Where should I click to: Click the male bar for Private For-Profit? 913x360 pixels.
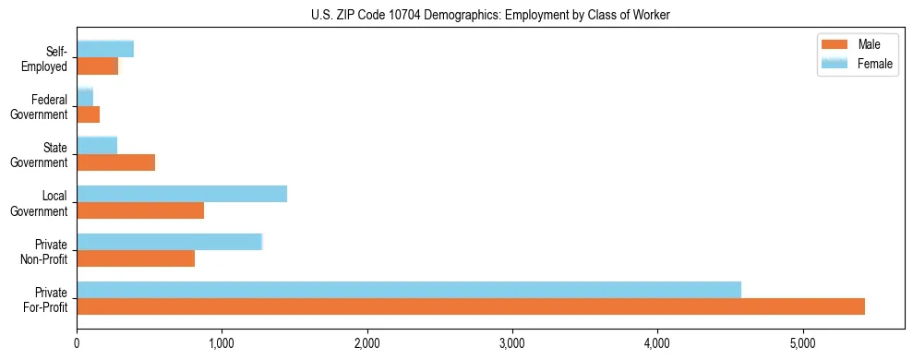pos(471,306)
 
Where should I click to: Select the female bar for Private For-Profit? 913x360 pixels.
pos(409,290)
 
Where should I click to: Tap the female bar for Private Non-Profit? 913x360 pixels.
pos(170,242)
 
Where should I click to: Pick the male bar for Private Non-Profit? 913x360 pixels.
pos(136,258)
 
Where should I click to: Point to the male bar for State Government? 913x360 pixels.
pos(116,162)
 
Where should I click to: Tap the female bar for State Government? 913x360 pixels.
pos(97,146)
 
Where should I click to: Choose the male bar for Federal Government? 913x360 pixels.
pos(89,114)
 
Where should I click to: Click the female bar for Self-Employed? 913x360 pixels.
pos(105,49)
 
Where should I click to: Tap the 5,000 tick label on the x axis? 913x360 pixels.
pos(802,343)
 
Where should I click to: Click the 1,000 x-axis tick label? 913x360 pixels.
pos(222,343)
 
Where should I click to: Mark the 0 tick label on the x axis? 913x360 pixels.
pos(77,343)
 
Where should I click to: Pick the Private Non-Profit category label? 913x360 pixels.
pos(45,251)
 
